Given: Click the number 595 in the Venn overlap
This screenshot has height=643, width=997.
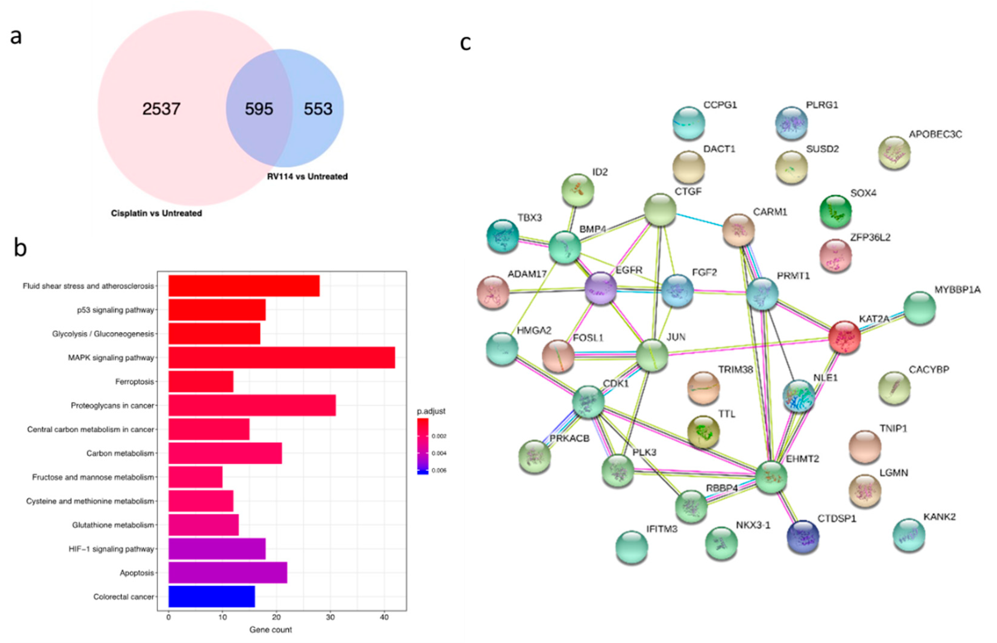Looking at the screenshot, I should tap(259, 109).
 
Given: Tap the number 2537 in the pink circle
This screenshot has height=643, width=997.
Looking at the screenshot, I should tap(161, 109).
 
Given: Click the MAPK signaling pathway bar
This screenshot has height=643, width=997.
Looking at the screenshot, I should tap(282, 358).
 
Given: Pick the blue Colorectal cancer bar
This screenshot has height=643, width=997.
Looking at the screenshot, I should tap(211, 596).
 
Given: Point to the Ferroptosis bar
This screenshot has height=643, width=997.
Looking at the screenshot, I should tap(201, 382).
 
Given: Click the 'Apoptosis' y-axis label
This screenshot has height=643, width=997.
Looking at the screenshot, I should tap(137, 573).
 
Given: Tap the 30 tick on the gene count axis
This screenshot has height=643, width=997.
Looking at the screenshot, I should tap(330, 617).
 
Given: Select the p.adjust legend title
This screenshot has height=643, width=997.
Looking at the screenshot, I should tap(431, 411).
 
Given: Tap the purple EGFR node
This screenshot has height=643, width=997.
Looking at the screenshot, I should tap(601, 288).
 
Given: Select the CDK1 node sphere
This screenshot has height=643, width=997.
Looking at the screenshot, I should tap(588, 402).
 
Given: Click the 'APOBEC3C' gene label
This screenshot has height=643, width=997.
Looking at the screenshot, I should tap(935, 134).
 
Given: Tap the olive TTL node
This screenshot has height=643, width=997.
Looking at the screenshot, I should tap(703, 432).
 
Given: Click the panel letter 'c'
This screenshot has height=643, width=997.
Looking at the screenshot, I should tap(466, 43).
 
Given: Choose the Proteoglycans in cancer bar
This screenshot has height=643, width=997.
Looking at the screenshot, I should tap(252, 405).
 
